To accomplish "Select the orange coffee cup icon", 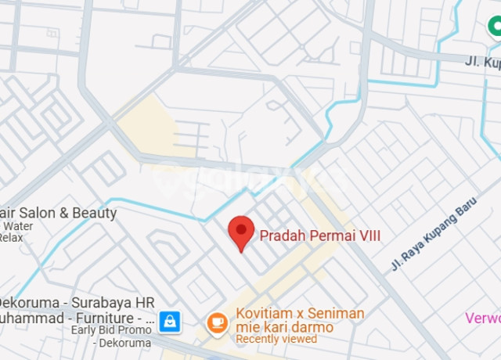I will (x=217, y=321).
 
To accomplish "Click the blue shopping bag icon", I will (x=169, y=320).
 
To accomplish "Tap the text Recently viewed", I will (x=276, y=339).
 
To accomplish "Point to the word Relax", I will (x=10, y=237).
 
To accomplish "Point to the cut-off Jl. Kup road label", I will (x=482, y=60).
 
